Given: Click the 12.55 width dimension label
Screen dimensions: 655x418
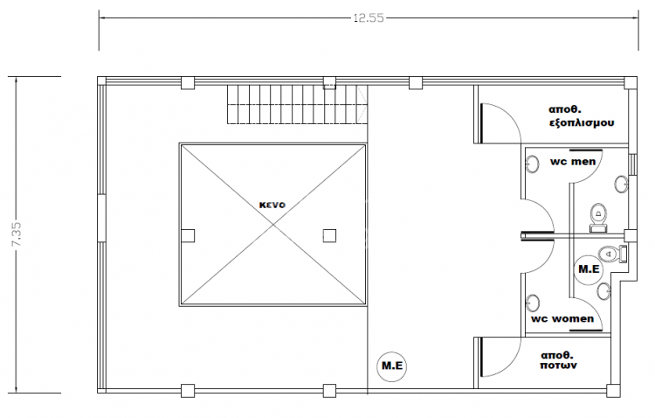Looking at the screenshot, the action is point(369,18).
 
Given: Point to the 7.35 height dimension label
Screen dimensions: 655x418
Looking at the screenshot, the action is point(17,234).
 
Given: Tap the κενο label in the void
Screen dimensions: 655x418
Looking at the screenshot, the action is point(272,205).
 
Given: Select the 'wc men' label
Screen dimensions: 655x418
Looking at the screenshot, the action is point(573,162).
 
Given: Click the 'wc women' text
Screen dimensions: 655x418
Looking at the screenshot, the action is point(562,319).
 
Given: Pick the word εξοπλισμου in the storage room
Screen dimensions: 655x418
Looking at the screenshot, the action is point(582,123).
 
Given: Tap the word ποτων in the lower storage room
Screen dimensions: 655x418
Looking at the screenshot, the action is point(559,366).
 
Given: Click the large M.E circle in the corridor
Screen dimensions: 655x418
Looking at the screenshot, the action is point(392,366).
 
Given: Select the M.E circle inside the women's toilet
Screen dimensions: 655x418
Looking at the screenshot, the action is point(589,269).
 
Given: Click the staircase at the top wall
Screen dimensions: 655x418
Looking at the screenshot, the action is point(297,104).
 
